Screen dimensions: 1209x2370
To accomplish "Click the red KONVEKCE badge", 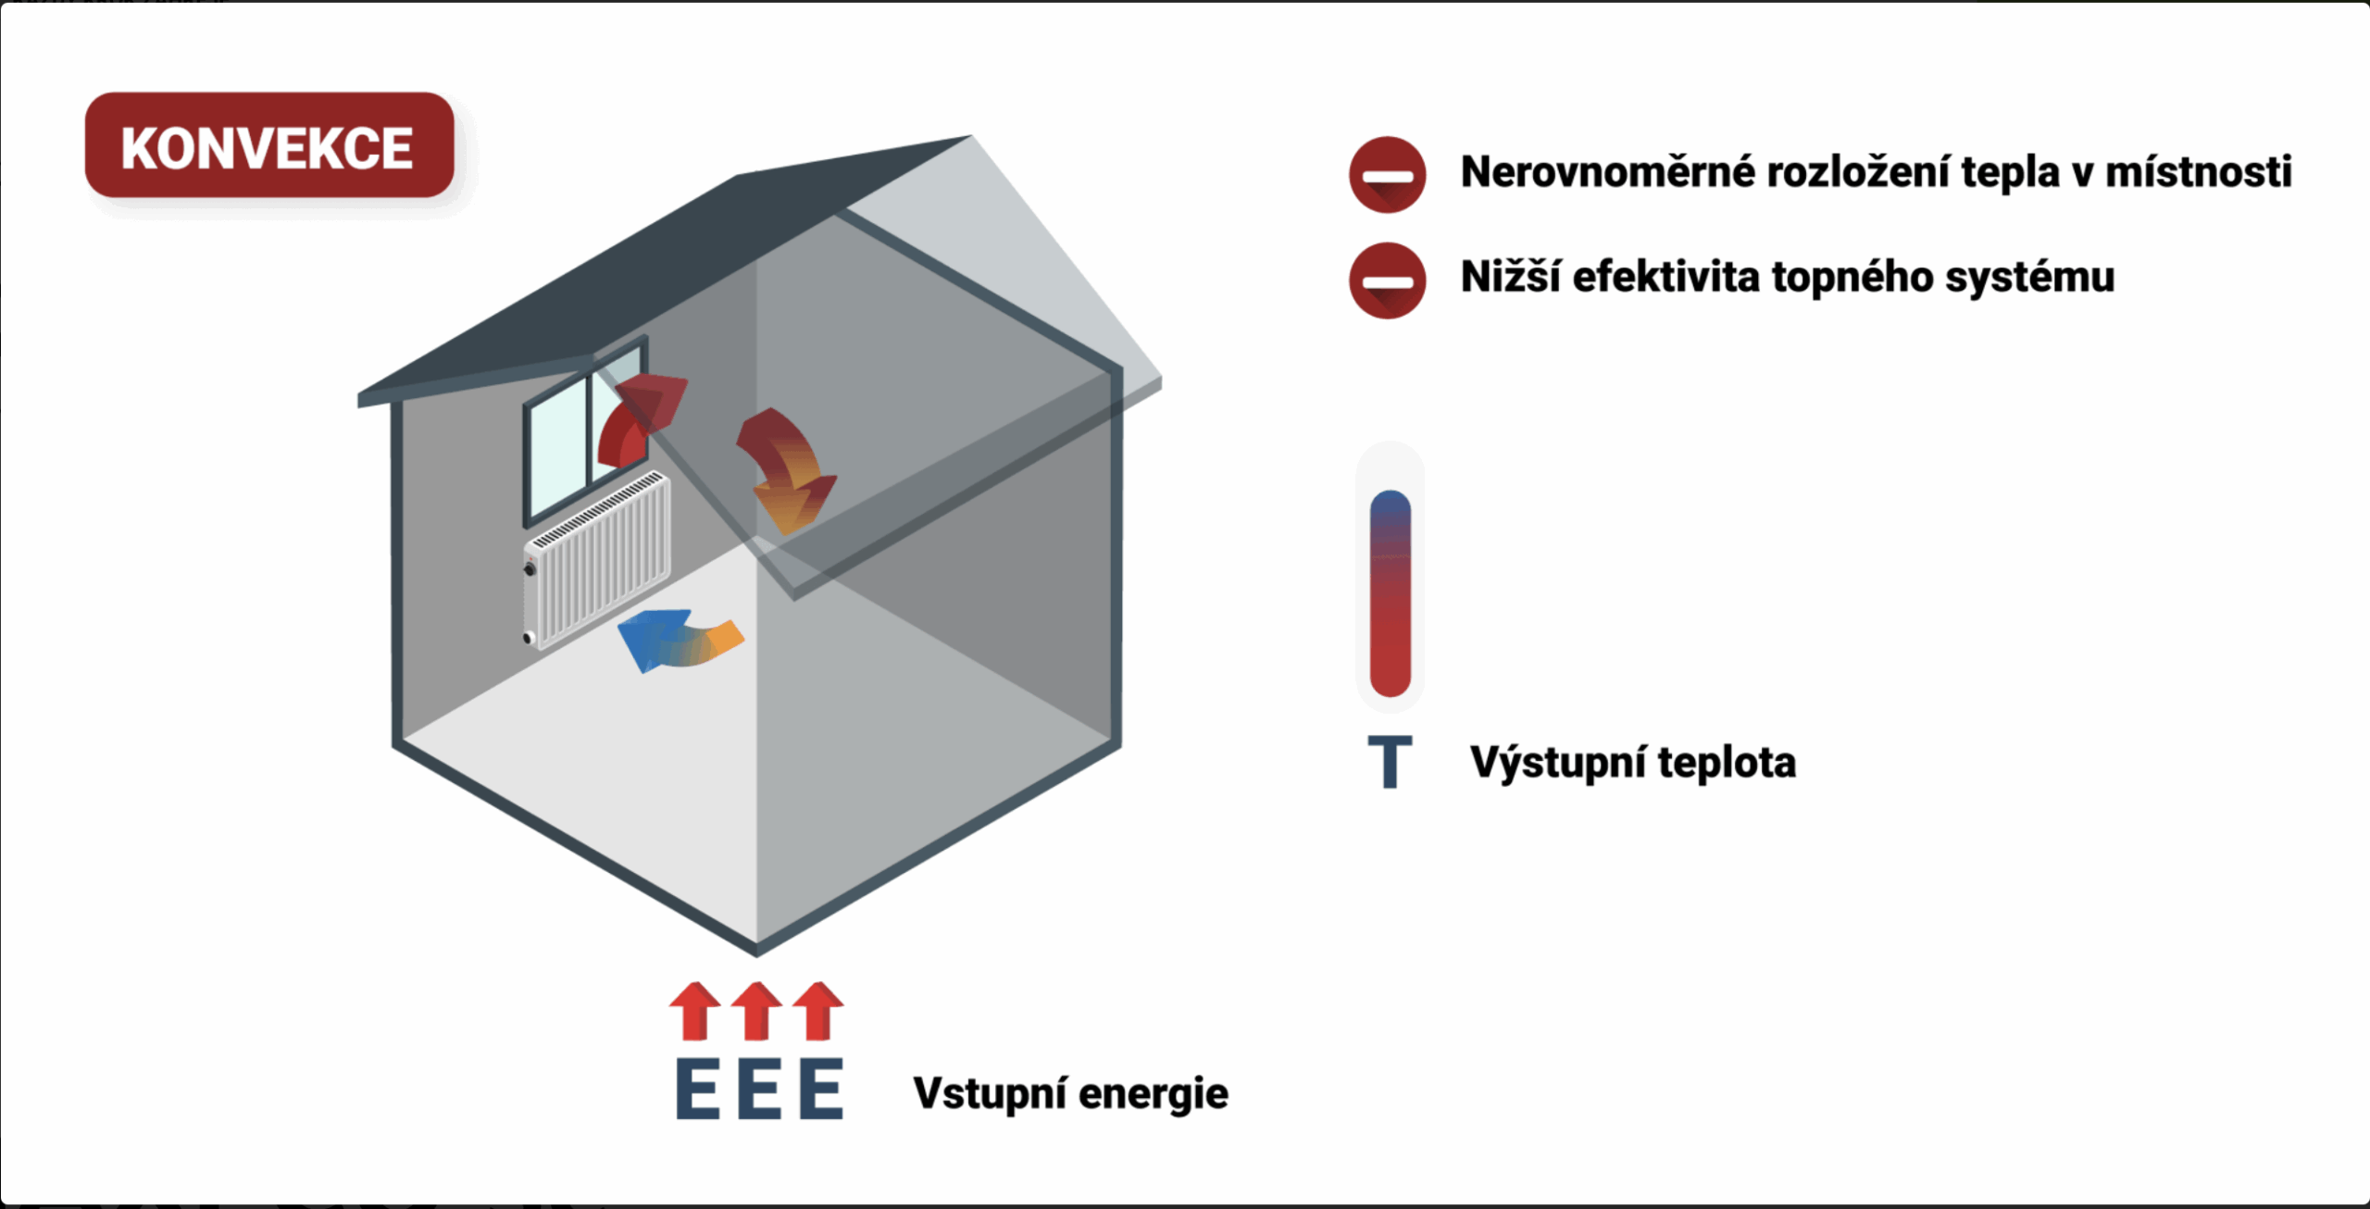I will point(268,145).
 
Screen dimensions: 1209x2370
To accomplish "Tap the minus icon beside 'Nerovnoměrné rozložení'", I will point(1387,175).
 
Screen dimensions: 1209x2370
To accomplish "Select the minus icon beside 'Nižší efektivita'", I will point(1387,280).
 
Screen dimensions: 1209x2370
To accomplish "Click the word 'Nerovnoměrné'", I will point(1607,172).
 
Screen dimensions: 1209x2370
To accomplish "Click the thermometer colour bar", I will point(1390,592).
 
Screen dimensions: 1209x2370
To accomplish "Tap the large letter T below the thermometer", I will point(1390,762).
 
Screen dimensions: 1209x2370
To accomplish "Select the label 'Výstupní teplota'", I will point(1632,763).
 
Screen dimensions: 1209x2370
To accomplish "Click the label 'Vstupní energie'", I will point(1070,1093).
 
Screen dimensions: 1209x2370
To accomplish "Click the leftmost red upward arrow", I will point(695,1011).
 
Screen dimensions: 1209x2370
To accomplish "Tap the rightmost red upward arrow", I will point(818,1011).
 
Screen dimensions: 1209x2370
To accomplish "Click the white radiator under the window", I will point(597,560).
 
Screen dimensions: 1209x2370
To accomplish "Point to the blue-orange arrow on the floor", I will point(678,639).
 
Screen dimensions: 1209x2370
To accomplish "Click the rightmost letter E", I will point(821,1090).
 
